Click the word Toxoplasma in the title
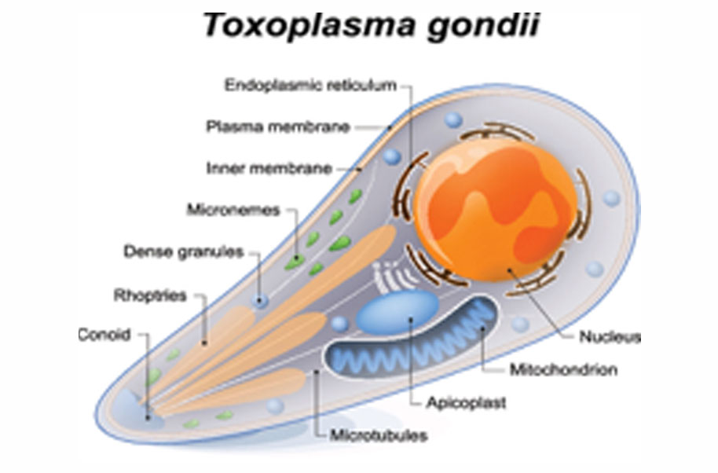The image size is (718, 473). [x=309, y=25]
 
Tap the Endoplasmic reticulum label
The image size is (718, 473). [x=310, y=85]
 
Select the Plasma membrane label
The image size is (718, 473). [x=278, y=126]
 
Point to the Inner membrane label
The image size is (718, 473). [x=269, y=168]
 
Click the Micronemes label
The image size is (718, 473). [x=233, y=210]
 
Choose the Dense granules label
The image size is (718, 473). [x=184, y=252]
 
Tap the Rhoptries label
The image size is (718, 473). [x=150, y=295]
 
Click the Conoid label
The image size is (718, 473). [x=104, y=335]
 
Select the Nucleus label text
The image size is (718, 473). [x=610, y=337]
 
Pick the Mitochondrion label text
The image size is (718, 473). [x=564, y=369]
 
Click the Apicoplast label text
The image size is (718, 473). [x=466, y=403]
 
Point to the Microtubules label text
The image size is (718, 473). [x=379, y=435]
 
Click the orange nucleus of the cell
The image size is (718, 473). [x=495, y=209]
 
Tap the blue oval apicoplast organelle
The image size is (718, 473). [x=397, y=311]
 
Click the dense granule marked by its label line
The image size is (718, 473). [x=260, y=301]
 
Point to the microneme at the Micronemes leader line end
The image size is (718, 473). [x=295, y=262]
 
